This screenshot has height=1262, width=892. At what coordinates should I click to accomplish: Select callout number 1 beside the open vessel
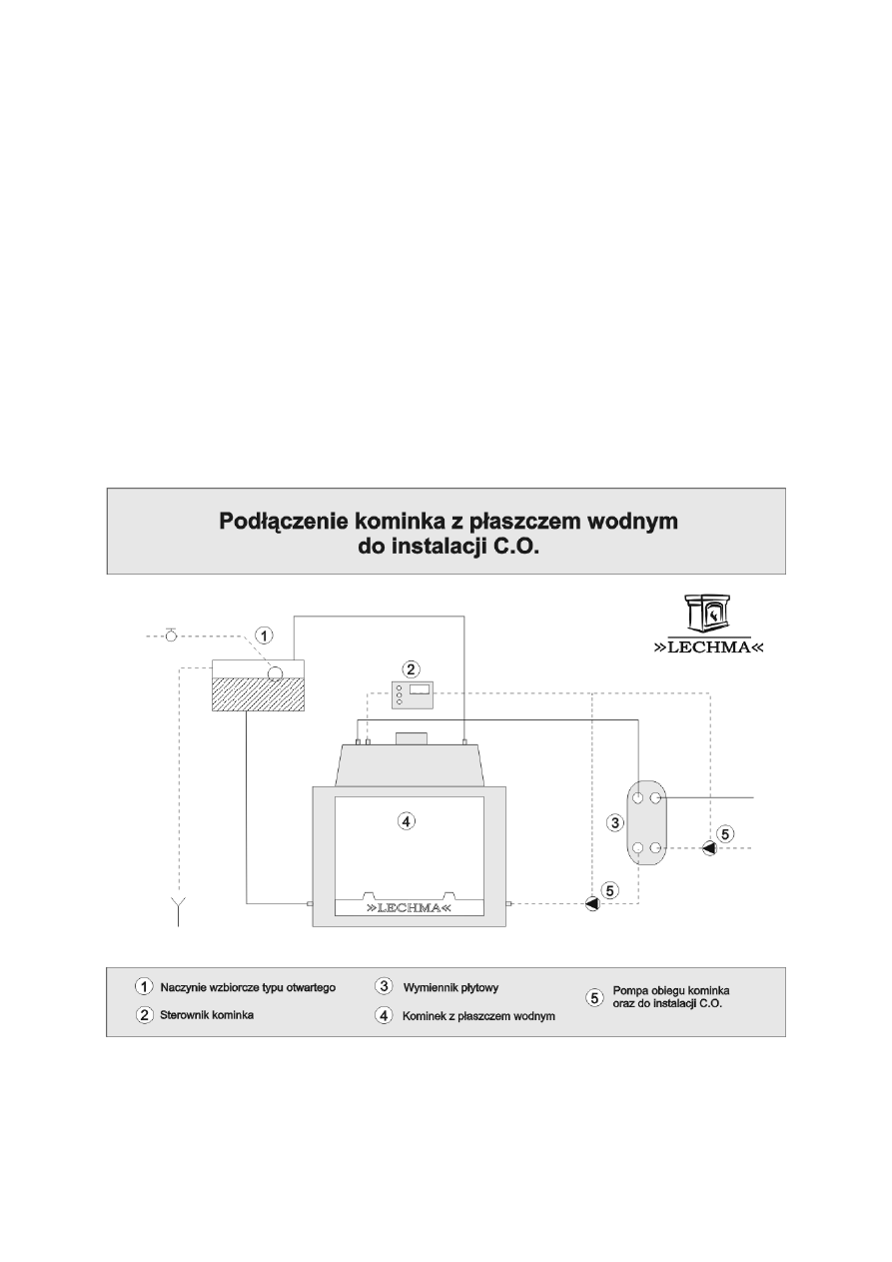click(263, 634)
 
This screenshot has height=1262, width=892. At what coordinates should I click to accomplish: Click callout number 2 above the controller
click(410, 667)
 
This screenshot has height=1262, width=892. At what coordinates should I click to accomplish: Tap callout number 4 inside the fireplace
click(405, 821)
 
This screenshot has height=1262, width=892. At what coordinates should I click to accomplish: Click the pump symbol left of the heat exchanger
click(592, 904)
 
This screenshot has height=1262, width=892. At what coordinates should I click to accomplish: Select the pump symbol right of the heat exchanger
click(709, 848)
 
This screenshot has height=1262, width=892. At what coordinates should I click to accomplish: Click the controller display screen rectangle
click(420, 688)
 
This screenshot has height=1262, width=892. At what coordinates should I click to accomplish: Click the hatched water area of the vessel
click(258, 695)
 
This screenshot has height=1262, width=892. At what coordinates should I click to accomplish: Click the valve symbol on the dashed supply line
click(171, 634)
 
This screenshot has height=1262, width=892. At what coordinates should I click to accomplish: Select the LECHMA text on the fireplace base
click(409, 908)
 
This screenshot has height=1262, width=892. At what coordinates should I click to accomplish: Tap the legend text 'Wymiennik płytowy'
click(450, 987)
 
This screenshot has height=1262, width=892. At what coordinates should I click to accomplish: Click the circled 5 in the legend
click(595, 996)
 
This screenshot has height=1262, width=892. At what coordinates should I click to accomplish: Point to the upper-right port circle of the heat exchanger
click(656, 798)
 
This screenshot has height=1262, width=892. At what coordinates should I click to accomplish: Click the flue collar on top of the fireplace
click(411, 738)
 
